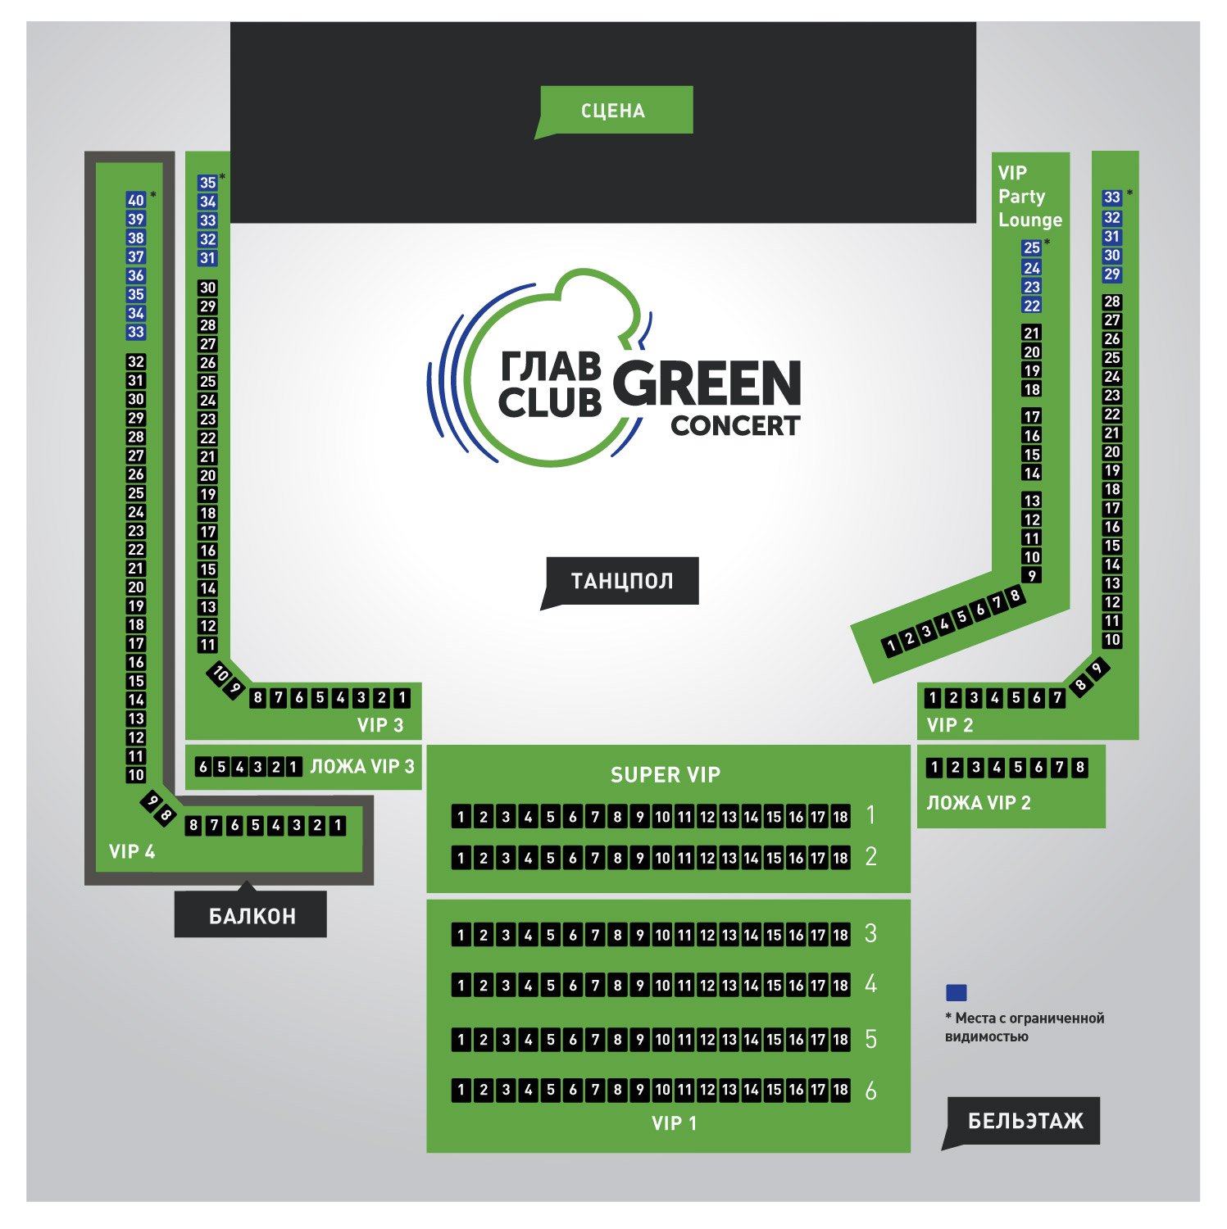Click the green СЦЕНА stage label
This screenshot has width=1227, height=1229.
613,111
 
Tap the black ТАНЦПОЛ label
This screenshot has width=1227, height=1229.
622,581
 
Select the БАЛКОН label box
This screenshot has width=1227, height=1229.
251,915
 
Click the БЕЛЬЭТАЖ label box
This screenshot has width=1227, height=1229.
1025,1121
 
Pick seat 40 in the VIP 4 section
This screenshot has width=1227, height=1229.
136,200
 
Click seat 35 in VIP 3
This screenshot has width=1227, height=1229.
208,183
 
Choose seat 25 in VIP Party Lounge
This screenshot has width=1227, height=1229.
1032,247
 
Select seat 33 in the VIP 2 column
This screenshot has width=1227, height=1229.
1111,197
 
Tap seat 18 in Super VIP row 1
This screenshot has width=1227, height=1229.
840,817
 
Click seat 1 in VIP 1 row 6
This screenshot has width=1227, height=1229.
461,1090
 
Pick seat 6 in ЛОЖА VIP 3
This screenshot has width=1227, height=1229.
203,767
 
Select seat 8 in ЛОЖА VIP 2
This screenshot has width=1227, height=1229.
1080,768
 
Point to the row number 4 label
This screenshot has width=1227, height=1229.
870,984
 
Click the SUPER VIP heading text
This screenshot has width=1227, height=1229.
666,775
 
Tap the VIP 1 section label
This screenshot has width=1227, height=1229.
674,1123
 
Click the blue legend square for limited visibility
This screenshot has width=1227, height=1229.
957,993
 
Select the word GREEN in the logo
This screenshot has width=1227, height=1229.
707,383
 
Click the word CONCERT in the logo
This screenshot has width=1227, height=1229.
734,426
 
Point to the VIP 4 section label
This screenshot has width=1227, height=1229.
132,852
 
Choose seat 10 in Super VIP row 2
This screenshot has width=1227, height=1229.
662,859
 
